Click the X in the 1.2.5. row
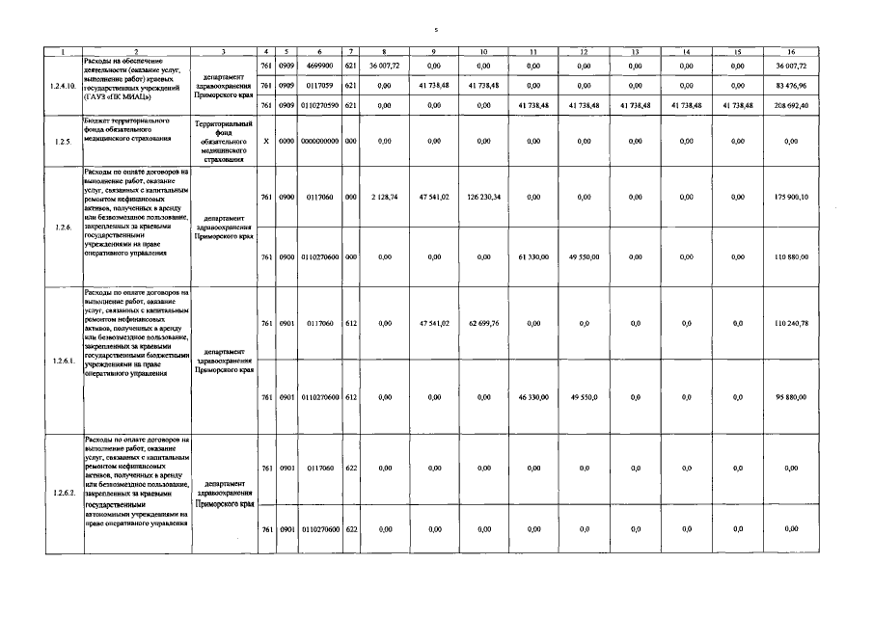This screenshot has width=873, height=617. pos(266,142)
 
